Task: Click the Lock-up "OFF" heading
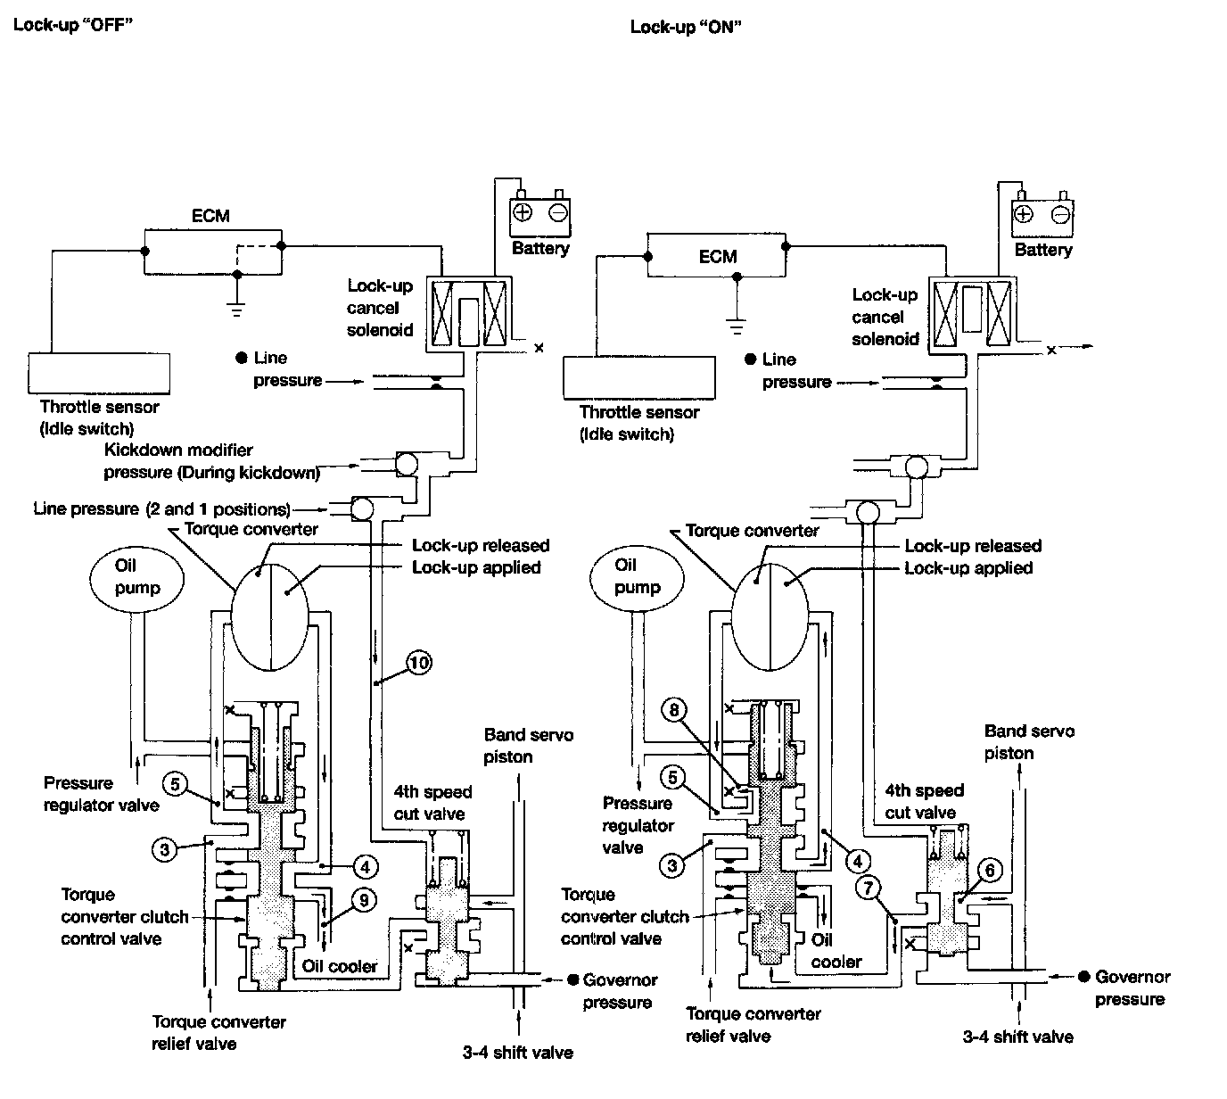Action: pyautogui.click(x=73, y=25)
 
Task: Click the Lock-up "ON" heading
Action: pyautogui.click(x=686, y=28)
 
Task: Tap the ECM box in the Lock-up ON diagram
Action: pyautogui.click(x=716, y=256)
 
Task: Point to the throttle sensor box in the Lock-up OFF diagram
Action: pyautogui.click(x=99, y=373)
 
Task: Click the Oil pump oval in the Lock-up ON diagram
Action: pyautogui.click(x=637, y=579)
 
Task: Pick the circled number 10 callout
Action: pyautogui.click(x=419, y=662)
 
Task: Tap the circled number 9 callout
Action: pyautogui.click(x=364, y=900)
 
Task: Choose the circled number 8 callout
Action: pyautogui.click(x=673, y=709)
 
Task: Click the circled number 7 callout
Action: pyautogui.click(x=868, y=888)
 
